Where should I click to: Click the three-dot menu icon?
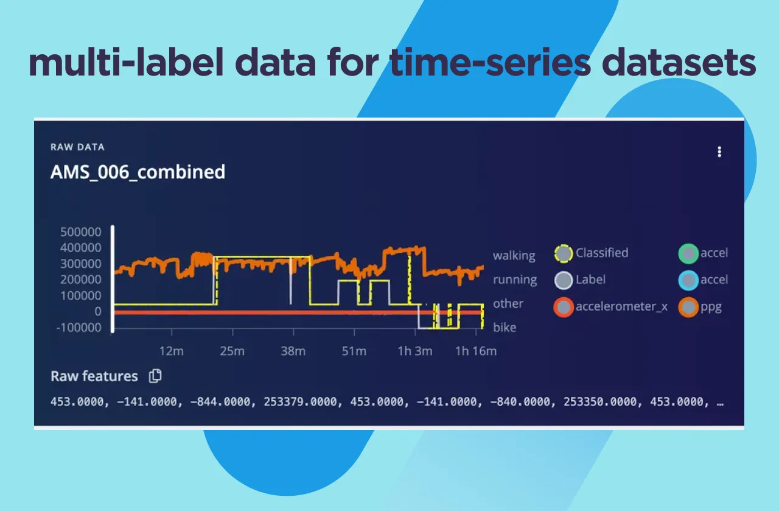point(719,152)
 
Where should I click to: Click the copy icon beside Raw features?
point(155,376)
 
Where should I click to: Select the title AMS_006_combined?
point(138,172)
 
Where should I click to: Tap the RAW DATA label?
point(77,147)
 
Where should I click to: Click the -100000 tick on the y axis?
point(79,327)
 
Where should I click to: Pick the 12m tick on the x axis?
point(171,351)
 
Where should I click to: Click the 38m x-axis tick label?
point(293,351)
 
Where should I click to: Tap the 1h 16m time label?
point(476,351)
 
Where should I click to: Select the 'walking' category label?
point(514,255)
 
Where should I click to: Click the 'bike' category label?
point(505,327)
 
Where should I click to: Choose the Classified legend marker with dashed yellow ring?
point(564,253)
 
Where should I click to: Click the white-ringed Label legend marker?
point(564,280)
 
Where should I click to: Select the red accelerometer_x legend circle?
point(564,307)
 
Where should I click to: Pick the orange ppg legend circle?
point(688,307)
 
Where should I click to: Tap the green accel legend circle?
point(688,253)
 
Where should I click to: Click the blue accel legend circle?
point(688,280)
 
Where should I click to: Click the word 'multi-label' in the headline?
point(115,63)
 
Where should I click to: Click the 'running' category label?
point(515,280)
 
